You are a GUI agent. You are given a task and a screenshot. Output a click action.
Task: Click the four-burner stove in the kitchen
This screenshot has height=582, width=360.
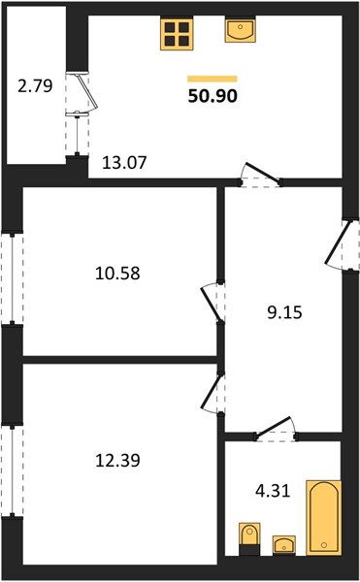coord(177,34)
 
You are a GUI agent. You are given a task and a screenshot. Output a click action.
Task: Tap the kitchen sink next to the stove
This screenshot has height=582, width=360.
coord(240,30)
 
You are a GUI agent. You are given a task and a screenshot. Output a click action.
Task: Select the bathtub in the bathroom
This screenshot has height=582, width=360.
coord(324,518)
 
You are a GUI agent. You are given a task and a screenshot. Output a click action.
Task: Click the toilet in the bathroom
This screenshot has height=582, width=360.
coord(249,539)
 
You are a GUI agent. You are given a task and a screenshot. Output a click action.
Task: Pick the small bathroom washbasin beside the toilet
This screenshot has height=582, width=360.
coord(284,545)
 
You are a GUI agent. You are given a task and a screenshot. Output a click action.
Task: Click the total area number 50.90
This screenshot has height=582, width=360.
coord(213,96)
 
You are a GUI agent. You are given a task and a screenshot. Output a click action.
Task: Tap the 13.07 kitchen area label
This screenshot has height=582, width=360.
coord(124,163)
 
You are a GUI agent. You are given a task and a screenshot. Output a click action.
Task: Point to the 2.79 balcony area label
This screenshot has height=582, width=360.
coord(35,86)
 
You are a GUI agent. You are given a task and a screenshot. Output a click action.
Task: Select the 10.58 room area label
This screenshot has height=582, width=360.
coord(117,274)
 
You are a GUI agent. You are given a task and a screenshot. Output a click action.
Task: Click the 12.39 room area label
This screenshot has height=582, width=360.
coord(117,461)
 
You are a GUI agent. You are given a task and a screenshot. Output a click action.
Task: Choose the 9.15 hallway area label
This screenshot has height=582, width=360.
coord(284,312)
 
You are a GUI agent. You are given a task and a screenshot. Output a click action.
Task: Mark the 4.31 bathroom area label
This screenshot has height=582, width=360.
coord(273,491)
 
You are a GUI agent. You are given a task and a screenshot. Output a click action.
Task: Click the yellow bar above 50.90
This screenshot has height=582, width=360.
coord(213,79)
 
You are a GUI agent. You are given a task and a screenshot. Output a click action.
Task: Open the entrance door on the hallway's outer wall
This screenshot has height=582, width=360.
coord(343,245)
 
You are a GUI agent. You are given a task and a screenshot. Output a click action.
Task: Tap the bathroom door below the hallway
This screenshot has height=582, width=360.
coord(276,429)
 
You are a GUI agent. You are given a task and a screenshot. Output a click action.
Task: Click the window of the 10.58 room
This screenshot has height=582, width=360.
coord(13,278)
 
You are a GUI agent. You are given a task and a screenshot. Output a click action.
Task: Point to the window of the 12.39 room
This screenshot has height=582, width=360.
coord(13,470)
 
